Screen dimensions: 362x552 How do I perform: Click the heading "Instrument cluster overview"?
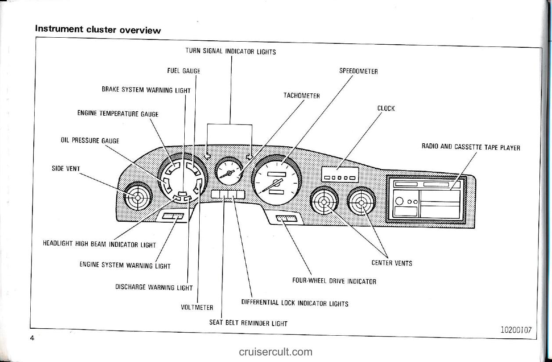98,29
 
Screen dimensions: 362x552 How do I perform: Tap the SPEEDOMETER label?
358,71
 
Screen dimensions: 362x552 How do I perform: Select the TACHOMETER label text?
301,96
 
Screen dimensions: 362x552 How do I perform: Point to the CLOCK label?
386,108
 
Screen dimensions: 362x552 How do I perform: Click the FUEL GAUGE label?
183,71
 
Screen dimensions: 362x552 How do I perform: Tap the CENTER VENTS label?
391,263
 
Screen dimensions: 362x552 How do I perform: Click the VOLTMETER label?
197,307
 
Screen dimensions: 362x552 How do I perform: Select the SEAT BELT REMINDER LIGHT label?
248,323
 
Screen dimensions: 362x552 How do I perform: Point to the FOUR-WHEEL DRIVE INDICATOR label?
334,281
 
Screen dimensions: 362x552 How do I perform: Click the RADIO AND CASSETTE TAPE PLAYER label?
470,147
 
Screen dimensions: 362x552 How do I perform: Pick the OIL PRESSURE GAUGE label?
90,141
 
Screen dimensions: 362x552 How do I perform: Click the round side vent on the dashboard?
138,198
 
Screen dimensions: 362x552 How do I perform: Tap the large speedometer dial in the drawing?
276,180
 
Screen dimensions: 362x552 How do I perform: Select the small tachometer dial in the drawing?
229,171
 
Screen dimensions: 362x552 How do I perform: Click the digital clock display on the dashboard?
340,174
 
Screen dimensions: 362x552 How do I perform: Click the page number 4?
32,337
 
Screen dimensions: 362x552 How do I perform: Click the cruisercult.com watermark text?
276,351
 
